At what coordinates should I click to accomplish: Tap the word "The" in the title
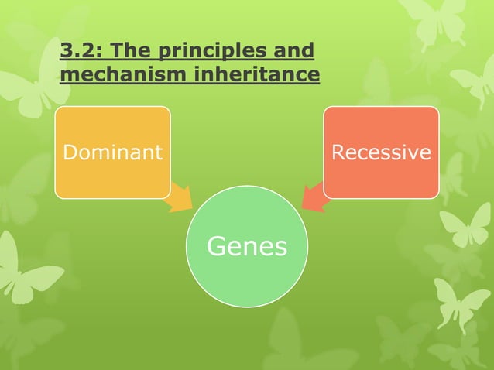click(x=136, y=52)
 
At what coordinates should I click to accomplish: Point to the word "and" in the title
click(x=295, y=52)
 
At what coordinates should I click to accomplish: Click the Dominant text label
click(x=112, y=152)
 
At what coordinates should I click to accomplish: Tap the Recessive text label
click(x=380, y=152)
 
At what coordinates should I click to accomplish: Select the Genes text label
click(x=246, y=247)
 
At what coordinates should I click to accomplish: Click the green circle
click(x=246, y=279)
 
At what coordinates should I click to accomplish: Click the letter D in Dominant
click(x=69, y=152)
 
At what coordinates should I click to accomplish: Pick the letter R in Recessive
click(x=338, y=152)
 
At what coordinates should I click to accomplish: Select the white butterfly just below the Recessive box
click(x=465, y=225)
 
